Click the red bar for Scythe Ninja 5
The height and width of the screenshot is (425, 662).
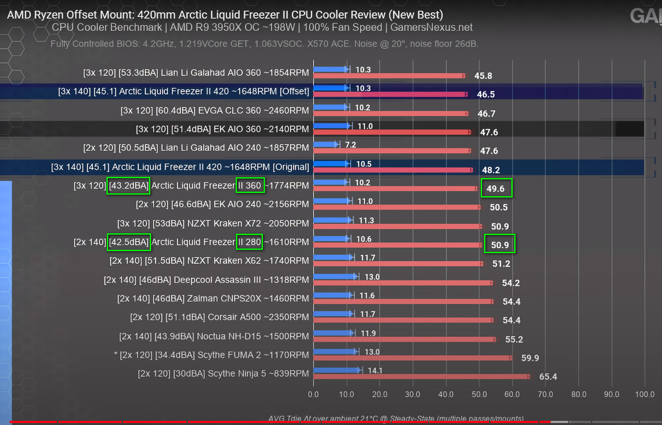click(x=421, y=376)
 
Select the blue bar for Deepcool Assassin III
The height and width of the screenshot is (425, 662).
click(x=335, y=276)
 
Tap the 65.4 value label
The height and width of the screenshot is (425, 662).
click(x=548, y=377)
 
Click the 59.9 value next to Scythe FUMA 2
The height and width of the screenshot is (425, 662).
click(x=530, y=358)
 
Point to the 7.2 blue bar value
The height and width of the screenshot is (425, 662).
click(x=350, y=145)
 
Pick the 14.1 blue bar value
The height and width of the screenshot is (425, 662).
click(x=375, y=371)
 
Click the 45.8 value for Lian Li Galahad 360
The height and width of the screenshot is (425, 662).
click(x=483, y=76)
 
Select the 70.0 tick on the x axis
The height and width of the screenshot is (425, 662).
click(x=545, y=394)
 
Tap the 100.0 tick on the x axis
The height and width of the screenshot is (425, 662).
click(x=644, y=394)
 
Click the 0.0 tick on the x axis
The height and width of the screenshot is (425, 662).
click(x=313, y=394)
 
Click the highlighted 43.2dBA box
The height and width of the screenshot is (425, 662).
click(x=128, y=185)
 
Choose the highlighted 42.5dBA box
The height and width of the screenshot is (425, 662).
click(x=129, y=242)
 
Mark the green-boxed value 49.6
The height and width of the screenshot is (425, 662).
click(x=496, y=188)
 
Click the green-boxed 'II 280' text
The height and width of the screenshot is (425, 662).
click(x=249, y=242)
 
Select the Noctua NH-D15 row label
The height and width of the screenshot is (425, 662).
click(x=214, y=336)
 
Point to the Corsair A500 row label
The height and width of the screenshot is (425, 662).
click(x=219, y=317)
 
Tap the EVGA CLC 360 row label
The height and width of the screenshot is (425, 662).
click(x=214, y=110)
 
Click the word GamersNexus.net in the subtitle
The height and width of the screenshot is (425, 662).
click(x=431, y=28)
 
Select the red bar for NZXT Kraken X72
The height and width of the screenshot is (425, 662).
click(x=397, y=226)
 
